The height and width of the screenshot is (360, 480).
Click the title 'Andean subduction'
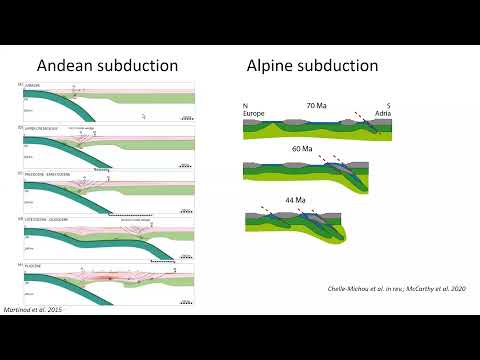107,66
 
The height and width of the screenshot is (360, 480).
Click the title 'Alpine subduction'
312,66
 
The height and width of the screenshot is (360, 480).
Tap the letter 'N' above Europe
245,105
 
